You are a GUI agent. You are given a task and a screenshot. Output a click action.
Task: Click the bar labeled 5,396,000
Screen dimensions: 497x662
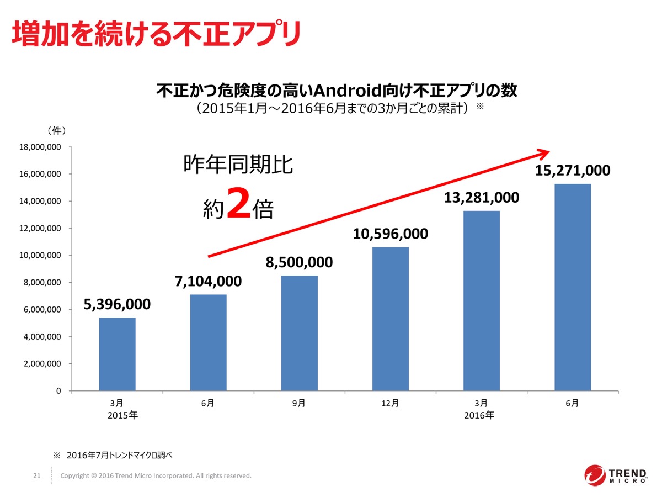coord(117,354)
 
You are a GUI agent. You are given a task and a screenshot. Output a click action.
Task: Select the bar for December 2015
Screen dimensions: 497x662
coord(391,319)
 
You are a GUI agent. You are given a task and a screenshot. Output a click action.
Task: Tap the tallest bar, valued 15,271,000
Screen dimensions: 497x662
coord(573,287)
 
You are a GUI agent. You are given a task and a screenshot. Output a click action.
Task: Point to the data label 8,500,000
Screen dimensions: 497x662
coord(299,262)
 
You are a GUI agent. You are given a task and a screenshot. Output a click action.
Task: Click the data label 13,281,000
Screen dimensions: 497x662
coord(482,197)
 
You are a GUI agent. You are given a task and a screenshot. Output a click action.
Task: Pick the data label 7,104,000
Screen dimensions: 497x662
coord(208,281)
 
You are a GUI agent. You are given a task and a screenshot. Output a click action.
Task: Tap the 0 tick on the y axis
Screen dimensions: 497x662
coord(57,391)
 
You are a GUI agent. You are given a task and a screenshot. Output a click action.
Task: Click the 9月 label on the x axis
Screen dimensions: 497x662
coord(299,403)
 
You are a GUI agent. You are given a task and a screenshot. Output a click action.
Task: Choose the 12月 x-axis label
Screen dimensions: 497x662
coord(390,403)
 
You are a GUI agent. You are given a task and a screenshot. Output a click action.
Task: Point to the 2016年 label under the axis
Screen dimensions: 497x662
coord(479,415)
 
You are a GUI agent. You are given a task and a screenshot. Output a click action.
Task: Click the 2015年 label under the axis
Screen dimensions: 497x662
coord(123,415)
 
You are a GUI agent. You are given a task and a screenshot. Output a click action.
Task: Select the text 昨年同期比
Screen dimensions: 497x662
coord(238,166)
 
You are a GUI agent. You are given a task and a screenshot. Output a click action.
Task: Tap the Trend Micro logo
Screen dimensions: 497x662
coord(616,475)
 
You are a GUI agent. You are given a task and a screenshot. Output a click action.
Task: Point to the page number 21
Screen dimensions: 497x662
coord(37,475)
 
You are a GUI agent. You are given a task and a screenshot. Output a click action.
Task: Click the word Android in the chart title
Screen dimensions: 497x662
coord(329,90)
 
